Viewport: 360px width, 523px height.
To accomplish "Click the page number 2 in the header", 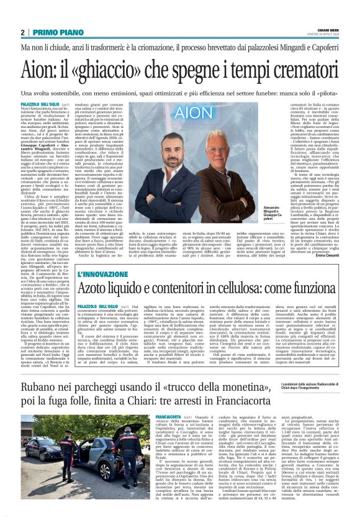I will (x=23, y=32).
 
